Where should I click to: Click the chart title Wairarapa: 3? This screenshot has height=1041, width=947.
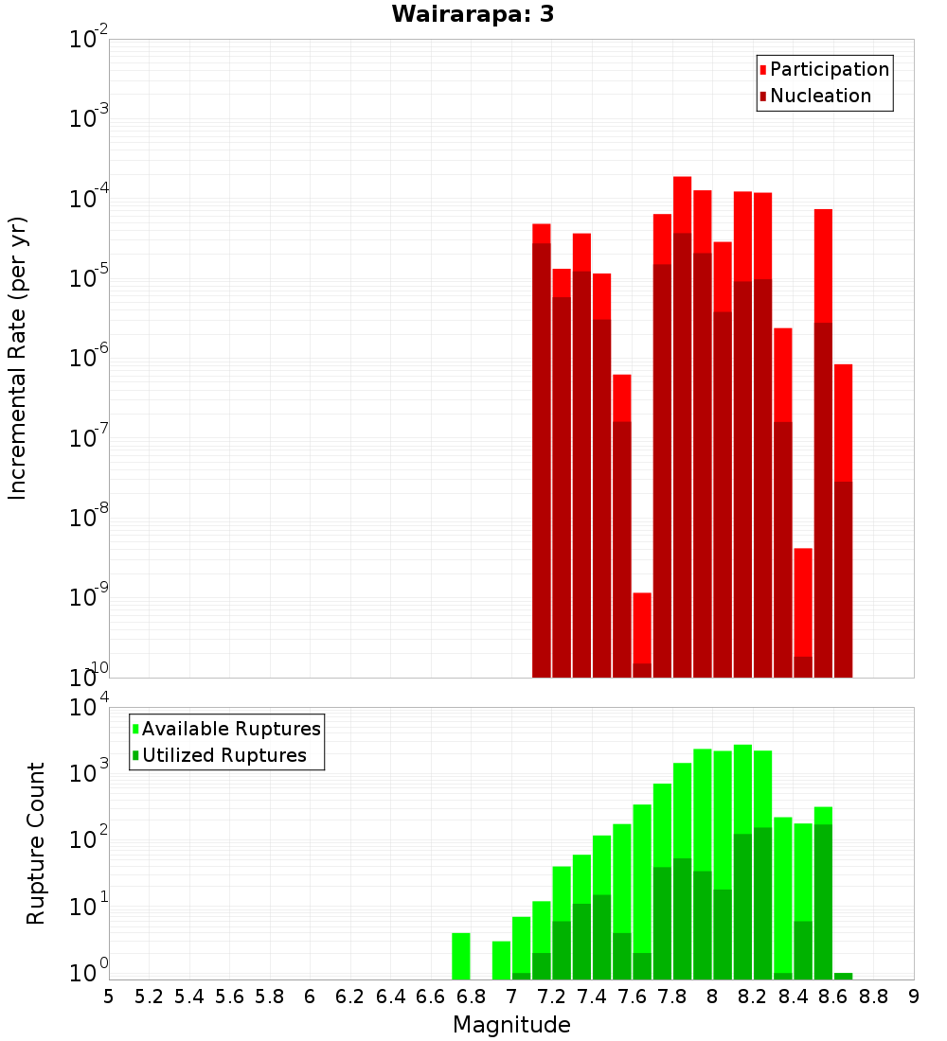click(x=466, y=14)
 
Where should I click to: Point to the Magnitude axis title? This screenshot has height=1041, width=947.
click(x=511, y=1025)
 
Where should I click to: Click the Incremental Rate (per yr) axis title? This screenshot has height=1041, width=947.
click(x=18, y=358)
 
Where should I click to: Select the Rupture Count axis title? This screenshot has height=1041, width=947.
click(x=36, y=842)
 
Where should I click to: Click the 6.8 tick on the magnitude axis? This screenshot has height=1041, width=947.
click(x=471, y=997)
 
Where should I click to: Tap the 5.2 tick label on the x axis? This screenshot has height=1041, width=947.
click(x=149, y=997)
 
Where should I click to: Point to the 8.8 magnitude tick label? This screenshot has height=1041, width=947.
click(x=873, y=997)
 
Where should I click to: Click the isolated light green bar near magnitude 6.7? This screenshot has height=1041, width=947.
click(x=461, y=956)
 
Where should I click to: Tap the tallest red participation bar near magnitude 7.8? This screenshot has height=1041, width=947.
click(x=683, y=203)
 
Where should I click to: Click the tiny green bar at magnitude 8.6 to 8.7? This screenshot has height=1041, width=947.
click(x=843, y=976)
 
